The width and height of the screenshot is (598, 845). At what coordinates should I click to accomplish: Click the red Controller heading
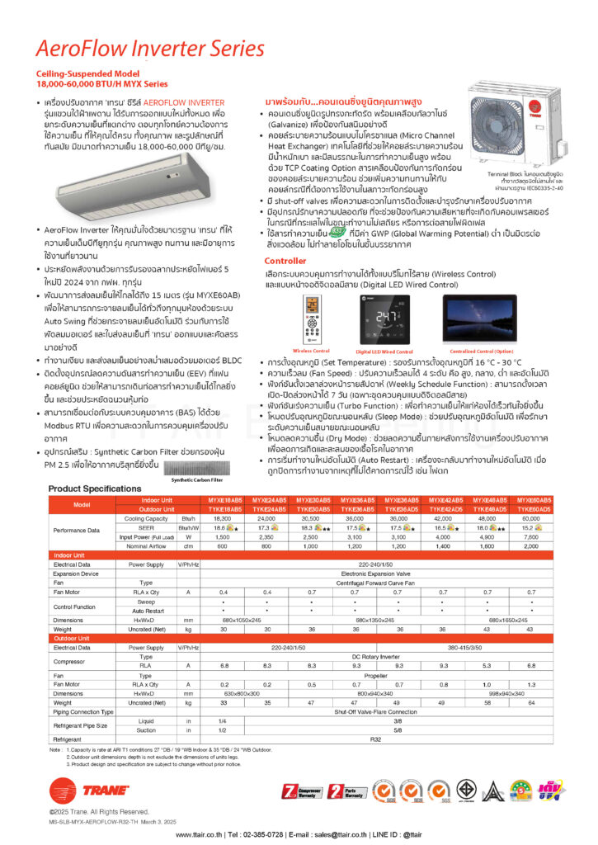[x=285, y=260]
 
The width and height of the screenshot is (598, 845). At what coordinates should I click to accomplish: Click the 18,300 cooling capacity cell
[x=223, y=518]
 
